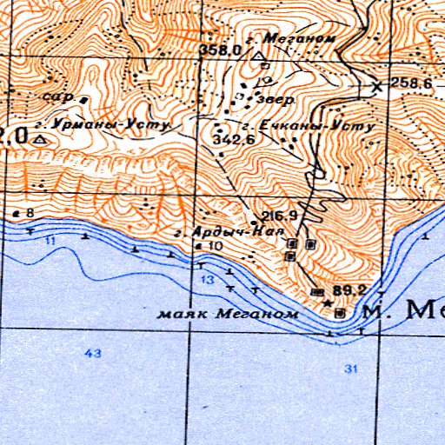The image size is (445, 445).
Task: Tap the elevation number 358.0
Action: pos(220,50)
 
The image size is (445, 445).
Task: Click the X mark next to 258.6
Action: pos(376,86)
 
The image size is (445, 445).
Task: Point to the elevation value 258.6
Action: pos(411,83)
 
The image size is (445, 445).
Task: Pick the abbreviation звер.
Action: pos(277,99)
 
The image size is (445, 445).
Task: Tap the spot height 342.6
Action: pos(232,139)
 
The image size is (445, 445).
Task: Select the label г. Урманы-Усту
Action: pos(114,124)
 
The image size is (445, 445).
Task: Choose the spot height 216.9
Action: pos(280,216)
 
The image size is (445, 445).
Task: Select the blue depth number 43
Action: pos(94,352)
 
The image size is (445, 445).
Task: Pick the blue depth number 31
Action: pos(350,369)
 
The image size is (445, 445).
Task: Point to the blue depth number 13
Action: pos(207,280)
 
